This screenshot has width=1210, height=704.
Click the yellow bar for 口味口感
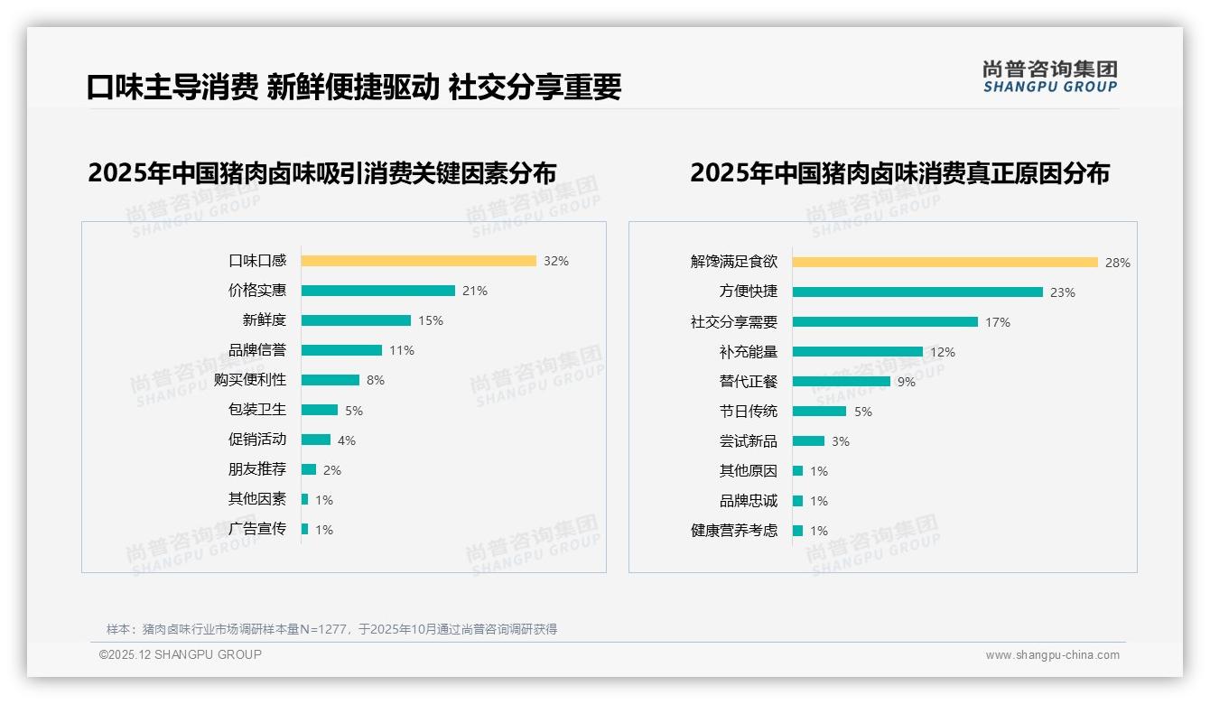(x=418, y=261)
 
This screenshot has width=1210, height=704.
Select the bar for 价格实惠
(x=377, y=291)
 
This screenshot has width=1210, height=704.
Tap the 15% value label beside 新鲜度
(x=431, y=320)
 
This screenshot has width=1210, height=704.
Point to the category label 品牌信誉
(x=257, y=350)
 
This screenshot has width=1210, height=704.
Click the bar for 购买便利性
(x=330, y=380)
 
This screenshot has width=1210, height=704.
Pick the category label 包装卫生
(x=257, y=410)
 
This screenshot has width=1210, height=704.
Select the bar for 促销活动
(x=315, y=440)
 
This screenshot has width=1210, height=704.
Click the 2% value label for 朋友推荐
(x=332, y=470)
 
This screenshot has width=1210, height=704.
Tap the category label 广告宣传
(x=257, y=529)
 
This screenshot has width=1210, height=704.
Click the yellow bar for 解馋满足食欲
(x=945, y=263)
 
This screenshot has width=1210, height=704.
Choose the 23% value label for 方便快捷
(x=1062, y=292)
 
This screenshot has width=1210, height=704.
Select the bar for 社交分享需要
(x=885, y=322)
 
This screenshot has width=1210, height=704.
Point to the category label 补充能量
(x=749, y=352)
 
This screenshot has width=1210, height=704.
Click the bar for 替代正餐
(x=841, y=382)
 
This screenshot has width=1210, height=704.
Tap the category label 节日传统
(x=749, y=412)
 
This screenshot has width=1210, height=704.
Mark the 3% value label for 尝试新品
(x=841, y=441)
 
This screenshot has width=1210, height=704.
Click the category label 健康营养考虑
(x=734, y=531)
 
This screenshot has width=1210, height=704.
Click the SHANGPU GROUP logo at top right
(x=1049, y=77)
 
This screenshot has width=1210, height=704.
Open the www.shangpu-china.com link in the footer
(x=1052, y=655)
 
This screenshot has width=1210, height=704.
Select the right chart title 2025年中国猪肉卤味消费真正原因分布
(x=899, y=172)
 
